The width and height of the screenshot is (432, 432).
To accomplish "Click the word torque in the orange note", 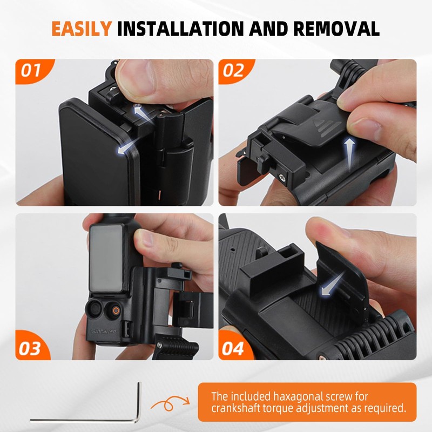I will pyautogui.click(x=286, y=408).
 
